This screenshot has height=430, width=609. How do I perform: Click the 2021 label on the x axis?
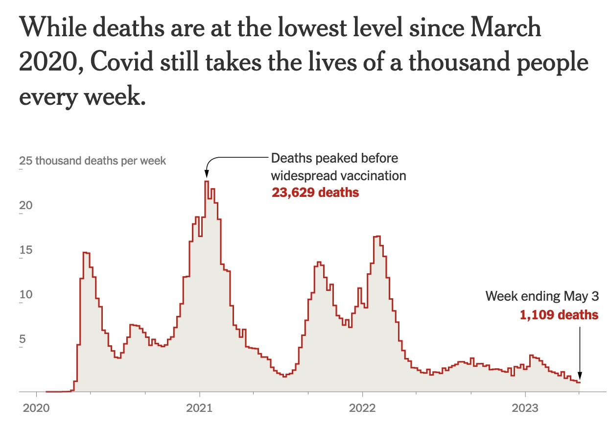(199, 408)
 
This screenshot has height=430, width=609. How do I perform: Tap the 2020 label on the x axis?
(36, 408)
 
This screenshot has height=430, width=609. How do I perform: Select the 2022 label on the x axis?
(362, 408)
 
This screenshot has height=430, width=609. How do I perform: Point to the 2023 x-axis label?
(525, 408)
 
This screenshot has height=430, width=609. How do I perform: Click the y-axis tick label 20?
(25, 205)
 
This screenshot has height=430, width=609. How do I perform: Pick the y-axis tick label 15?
(25, 250)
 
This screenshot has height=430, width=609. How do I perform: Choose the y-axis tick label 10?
(25, 295)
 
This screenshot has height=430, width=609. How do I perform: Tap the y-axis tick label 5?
(23, 340)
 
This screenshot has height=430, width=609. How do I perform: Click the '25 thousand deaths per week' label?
(93, 161)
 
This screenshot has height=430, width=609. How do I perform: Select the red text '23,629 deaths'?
(315, 192)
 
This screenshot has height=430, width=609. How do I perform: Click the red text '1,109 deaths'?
(559, 315)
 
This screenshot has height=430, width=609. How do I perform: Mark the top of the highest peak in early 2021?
(207, 181)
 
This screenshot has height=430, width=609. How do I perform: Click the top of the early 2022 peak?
(376, 236)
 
